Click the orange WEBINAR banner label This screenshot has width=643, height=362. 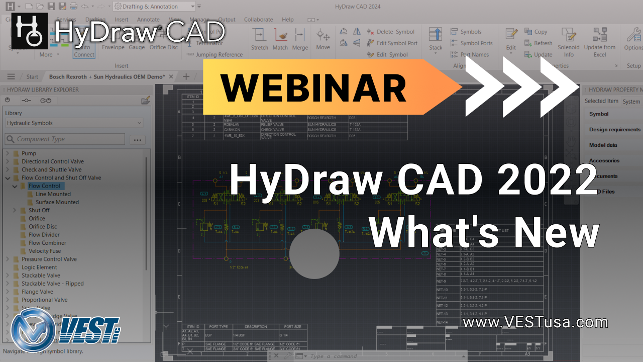click(x=313, y=87)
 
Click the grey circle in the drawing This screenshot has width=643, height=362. click(x=314, y=254)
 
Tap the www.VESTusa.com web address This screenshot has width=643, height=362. click(x=535, y=322)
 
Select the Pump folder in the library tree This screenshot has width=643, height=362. click(x=29, y=153)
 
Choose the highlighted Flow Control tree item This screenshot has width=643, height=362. click(x=44, y=186)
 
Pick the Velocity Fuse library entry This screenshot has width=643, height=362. click(x=45, y=251)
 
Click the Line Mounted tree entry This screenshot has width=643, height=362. click(x=53, y=194)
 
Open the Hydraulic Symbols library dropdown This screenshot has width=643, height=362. click(x=74, y=123)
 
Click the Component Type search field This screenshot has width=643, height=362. click(x=65, y=139)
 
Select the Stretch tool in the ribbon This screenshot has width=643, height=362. click(x=260, y=39)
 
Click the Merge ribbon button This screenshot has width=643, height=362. click(x=300, y=39)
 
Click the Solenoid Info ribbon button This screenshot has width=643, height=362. click(x=568, y=42)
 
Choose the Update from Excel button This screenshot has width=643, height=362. click(x=599, y=42)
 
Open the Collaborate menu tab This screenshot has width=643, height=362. click(x=258, y=20)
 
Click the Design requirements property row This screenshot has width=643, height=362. click(x=614, y=130)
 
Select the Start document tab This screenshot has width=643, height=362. click(x=32, y=77)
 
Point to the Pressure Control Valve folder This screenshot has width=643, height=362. click(x=49, y=259)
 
